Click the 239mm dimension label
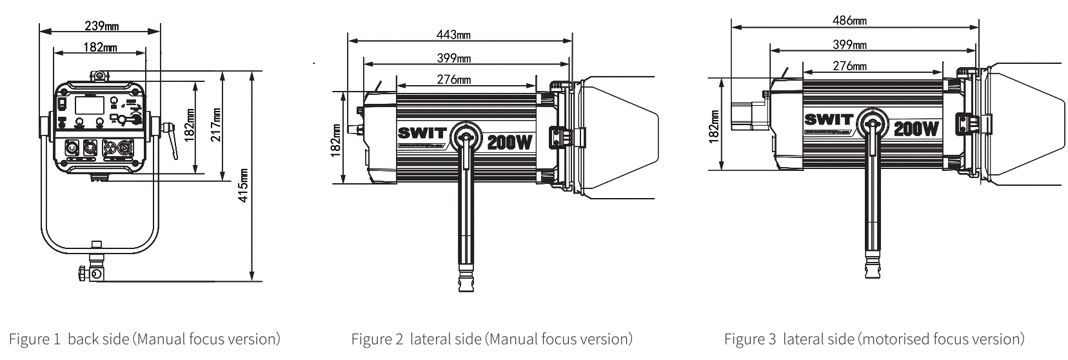pyautogui.click(x=101, y=26)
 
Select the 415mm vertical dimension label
pyautogui.click(x=244, y=186)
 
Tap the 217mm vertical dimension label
pyautogui.click(x=215, y=125)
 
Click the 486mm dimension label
pyautogui.click(x=849, y=21)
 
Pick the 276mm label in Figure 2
pyautogui.click(x=453, y=79)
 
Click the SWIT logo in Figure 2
pyautogui.click(x=422, y=134)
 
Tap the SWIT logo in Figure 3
pyautogui.click(x=828, y=120)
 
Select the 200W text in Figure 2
pyautogui.click(x=509, y=141)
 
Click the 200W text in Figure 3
pyautogui.click(x=916, y=128)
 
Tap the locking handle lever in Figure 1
pyautogui.click(x=172, y=140)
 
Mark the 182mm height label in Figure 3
pyautogui.click(x=714, y=126)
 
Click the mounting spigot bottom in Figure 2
pyautogui.click(x=466, y=284)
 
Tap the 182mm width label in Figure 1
pyautogui.click(x=100, y=47)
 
